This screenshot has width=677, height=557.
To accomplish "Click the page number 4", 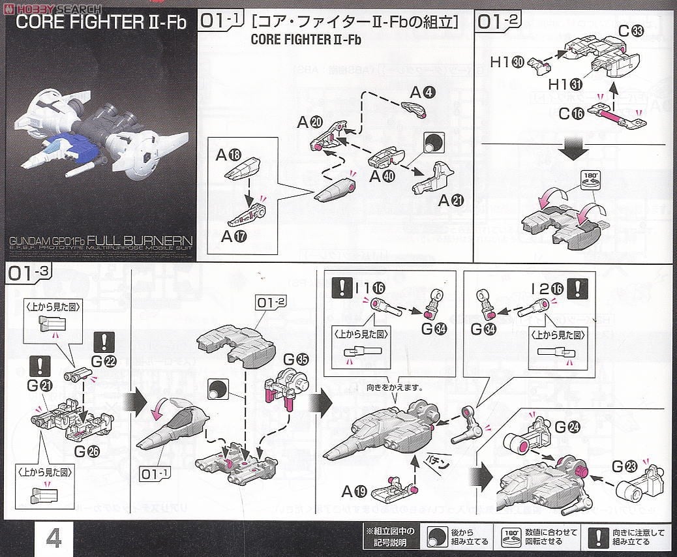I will pyautogui.click(x=53, y=539).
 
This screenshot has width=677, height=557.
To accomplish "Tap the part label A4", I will pyautogui.click(x=421, y=93).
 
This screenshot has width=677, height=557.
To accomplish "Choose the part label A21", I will pyautogui.click(x=451, y=202).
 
